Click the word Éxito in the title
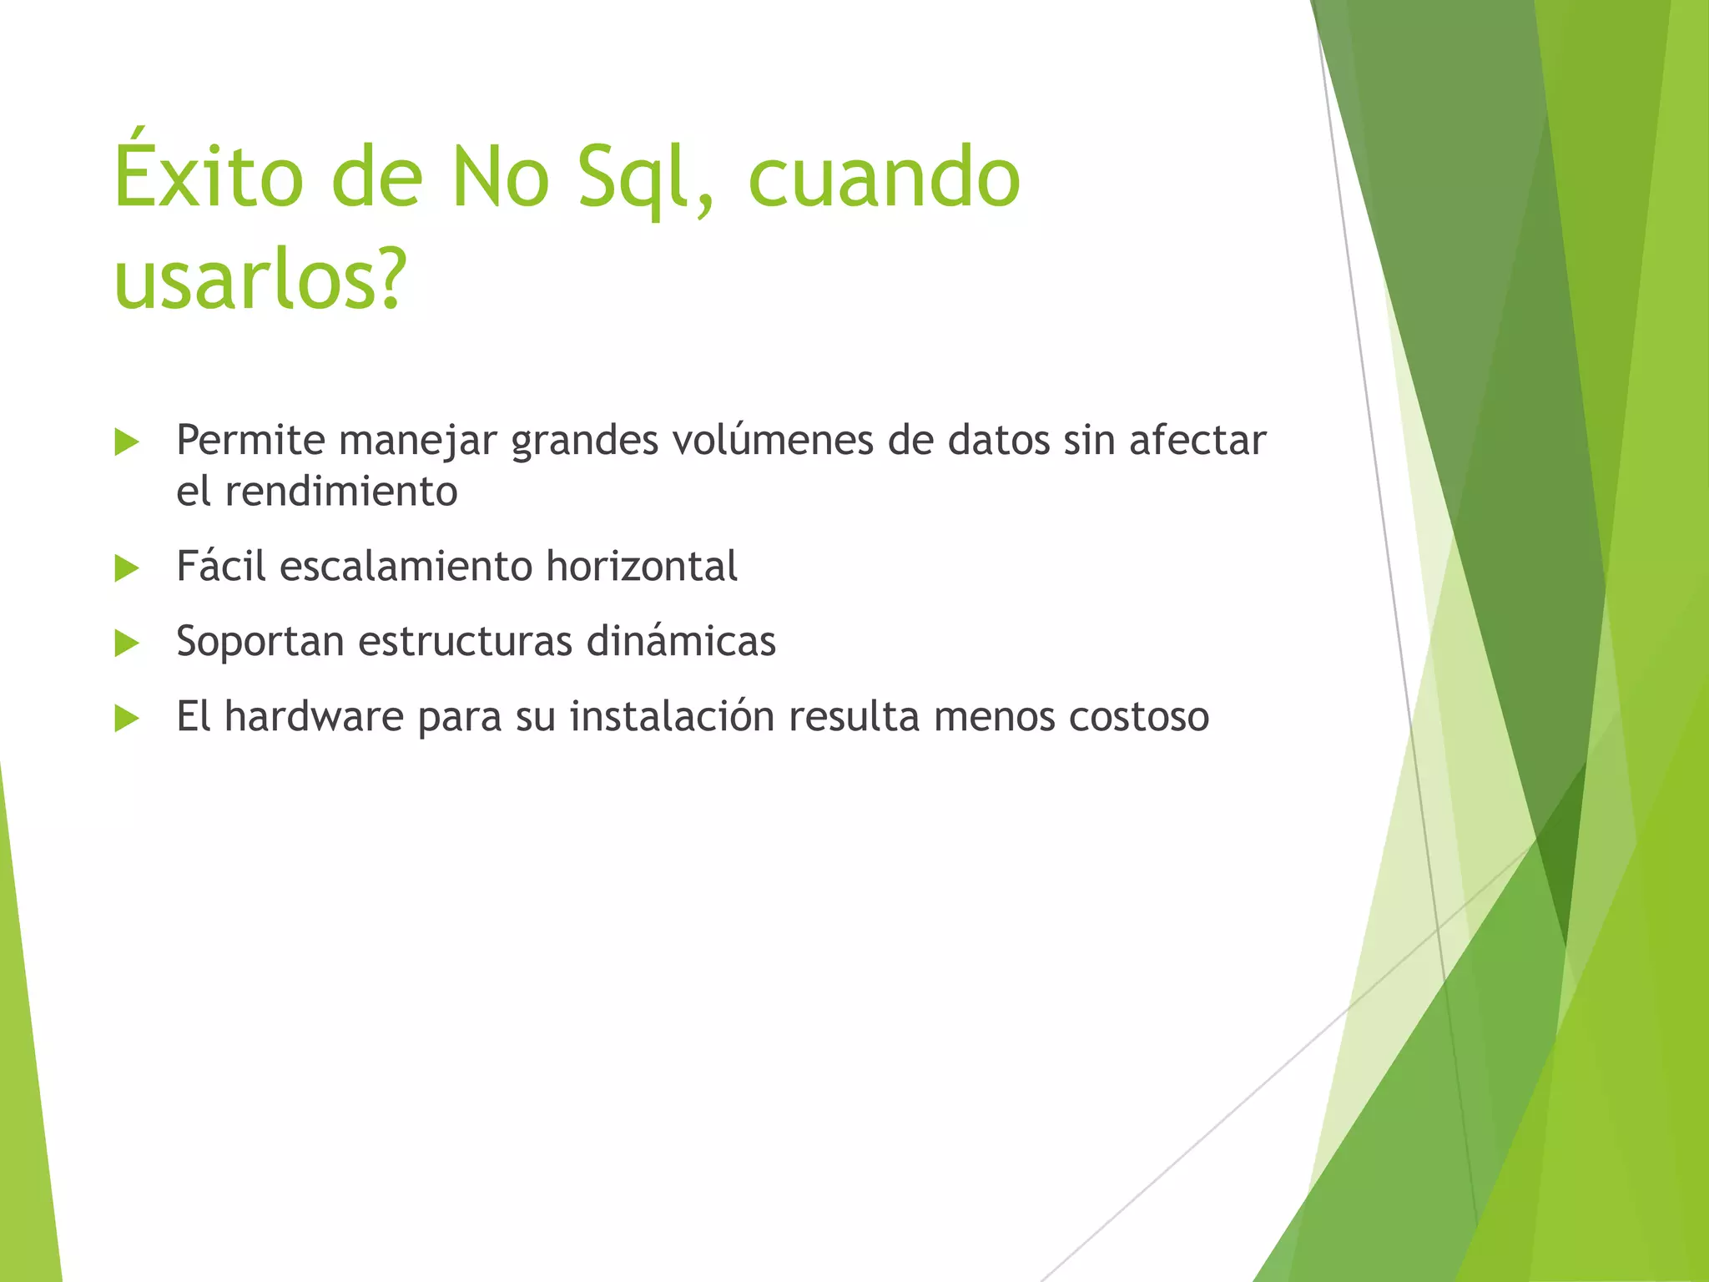[x=209, y=177]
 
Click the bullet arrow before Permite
[x=127, y=442]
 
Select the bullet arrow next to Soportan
[x=127, y=644]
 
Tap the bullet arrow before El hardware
[x=127, y=719]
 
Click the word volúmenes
[x=773, y=441]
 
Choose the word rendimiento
[x=341, y=491]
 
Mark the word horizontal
[x=642, y=567]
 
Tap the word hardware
[x=314, y=717]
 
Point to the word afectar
[x=1197, y=441]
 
